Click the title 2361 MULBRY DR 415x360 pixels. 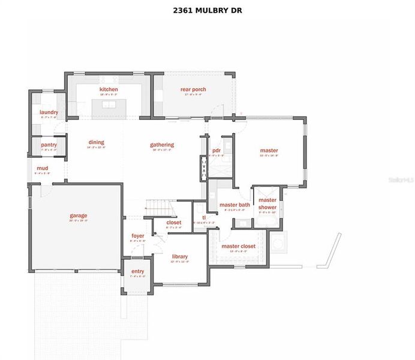click(207, 10)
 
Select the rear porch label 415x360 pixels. click(193, 90)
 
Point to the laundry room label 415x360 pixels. click(49, 112)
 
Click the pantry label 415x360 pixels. click(49, 145)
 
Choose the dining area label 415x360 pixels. click(96, 143)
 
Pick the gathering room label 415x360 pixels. click(162, 145)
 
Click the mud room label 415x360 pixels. click(42, 169)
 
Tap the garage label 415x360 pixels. click(78, 215)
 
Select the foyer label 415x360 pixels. click(138, 236)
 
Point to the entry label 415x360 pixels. click(137, 272)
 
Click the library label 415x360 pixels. click(180, 256)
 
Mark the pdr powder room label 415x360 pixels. click(216, 151)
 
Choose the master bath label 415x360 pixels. click(230, 205)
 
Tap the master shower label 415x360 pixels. click(267, 204)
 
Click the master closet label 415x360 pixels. click(238, 246)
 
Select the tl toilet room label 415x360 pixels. click(204, 218)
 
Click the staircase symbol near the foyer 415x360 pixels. click(161, 209)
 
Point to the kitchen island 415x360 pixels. click(109, 104)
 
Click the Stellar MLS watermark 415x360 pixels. click(401, 179)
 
